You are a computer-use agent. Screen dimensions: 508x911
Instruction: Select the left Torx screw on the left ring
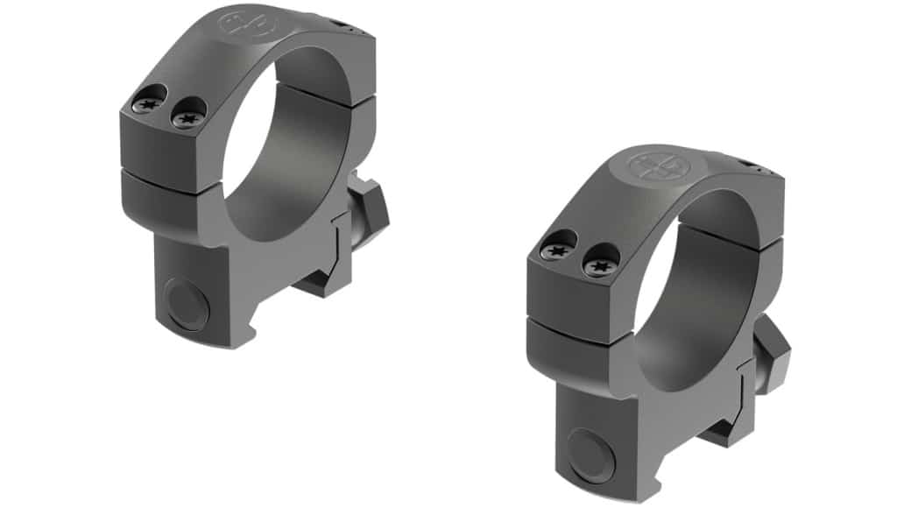[145, 104]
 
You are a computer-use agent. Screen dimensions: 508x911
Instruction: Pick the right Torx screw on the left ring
[187, 113]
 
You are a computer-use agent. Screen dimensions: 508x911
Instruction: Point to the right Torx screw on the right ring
[600, 259]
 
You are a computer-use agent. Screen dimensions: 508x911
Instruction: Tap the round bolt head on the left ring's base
[187, 304]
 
